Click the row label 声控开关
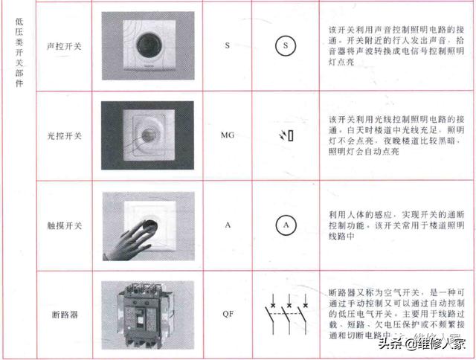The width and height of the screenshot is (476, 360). coord(64,46)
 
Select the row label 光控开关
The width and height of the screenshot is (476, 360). coord(64,136)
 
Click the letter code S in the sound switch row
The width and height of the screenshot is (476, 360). coord(227,46)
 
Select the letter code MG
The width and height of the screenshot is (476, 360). coord(227,136)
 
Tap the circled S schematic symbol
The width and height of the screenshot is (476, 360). coord(286,46)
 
